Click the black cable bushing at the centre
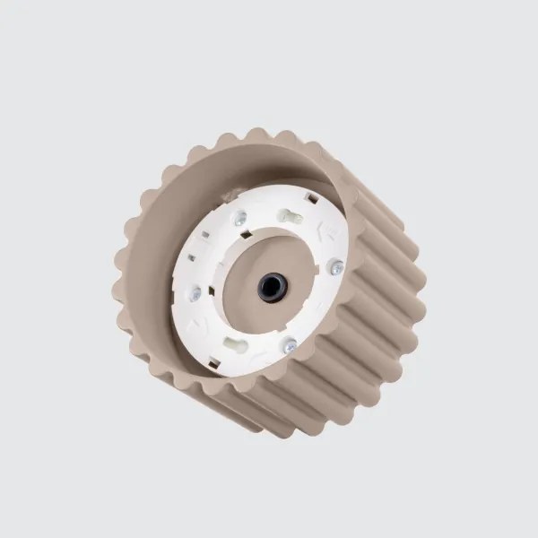270,286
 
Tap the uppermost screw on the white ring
239,216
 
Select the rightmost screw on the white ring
336,265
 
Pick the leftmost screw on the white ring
193,291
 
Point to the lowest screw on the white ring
290,344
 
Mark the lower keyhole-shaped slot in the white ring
239,342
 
